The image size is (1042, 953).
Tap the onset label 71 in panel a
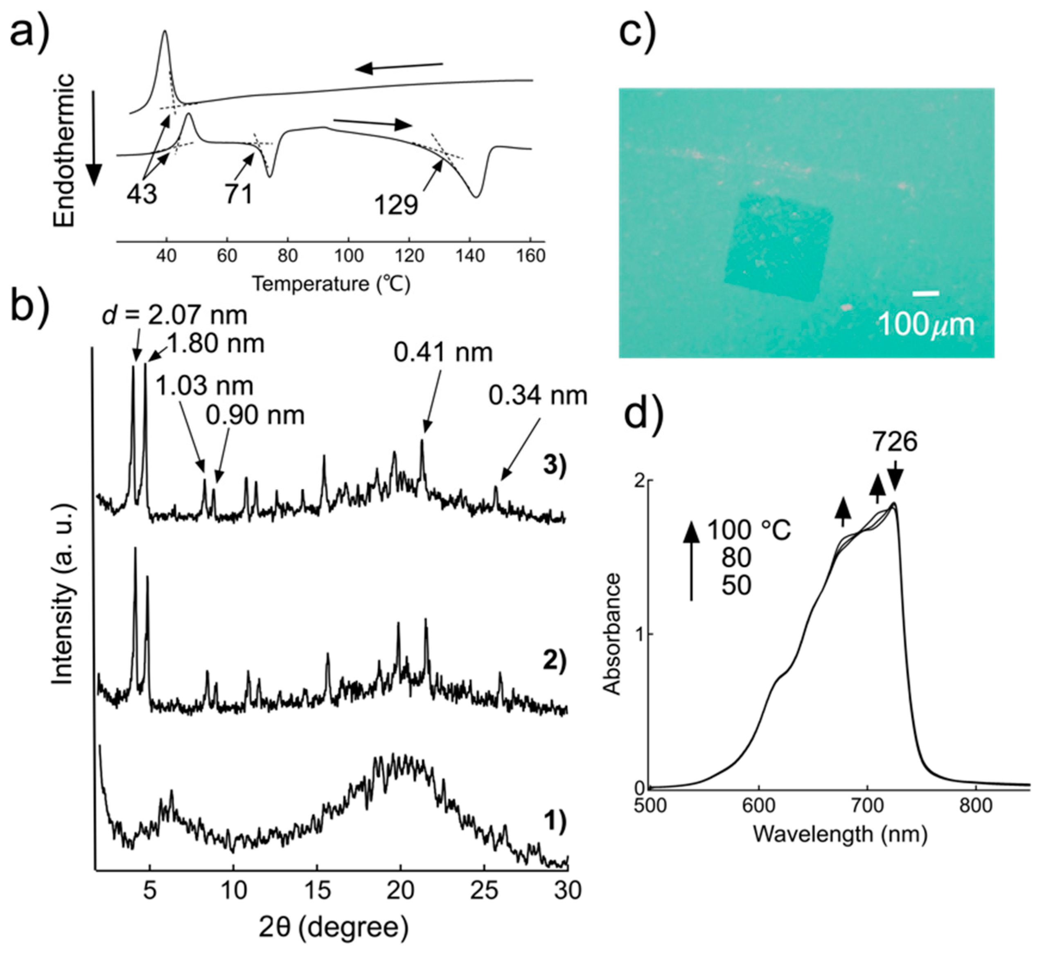pos(239,194)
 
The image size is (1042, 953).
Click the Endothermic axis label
pos(64,150)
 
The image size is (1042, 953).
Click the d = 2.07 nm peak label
pos(175,315)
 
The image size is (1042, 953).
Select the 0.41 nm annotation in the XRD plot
pos(443,353)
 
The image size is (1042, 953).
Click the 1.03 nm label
pos(204,386)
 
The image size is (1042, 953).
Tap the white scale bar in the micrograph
pos(925,293)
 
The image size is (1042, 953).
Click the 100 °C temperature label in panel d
pos(749,530)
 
